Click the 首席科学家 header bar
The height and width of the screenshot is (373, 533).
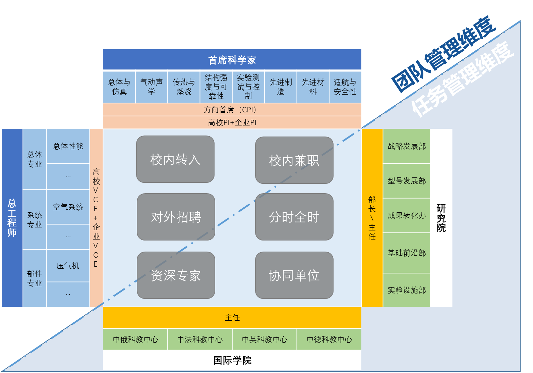(x=232, y=60)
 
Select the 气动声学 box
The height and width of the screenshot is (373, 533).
(x=152, y=87)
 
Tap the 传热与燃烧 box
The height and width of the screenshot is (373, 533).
(x=184, y=87)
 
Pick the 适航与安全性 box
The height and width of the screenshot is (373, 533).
(x=345, y=87)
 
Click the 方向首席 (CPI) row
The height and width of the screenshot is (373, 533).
(x=232, y=110)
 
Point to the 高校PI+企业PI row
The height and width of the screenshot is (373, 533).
(x=232, y=122)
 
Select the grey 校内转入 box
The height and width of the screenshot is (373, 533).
(x=175, y=159)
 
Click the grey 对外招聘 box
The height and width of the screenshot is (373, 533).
(x=176, y=217)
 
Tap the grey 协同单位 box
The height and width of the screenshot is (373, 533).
(x=294, y=275)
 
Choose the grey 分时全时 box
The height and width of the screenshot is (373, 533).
(x=294, y=217)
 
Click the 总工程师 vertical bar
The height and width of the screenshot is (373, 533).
(x=12, y=218)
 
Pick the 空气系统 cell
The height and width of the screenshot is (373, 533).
(x=68, y=207)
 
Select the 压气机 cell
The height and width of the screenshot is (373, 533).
(x=68, y=266)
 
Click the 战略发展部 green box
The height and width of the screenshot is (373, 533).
(x=407, y=146)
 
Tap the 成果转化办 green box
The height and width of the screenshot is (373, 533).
(x=407, y=215)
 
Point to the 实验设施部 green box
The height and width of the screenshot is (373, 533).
(x=407, y=290)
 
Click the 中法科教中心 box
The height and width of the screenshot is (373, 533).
(x=200, y=339)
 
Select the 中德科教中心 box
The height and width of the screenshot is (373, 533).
(x=329, y=339)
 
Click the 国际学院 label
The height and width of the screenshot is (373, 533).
(x=232, y=360)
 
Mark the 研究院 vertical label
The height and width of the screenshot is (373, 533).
(x=441, y=218)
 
